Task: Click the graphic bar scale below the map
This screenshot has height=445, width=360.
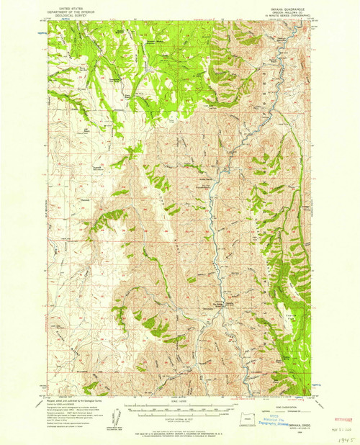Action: [180, 414]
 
